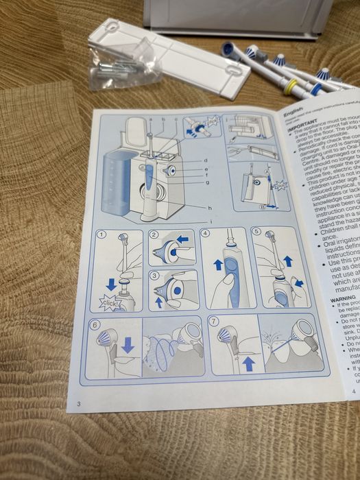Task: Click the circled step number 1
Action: (102, 234)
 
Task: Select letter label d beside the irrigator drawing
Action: (205, 160)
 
